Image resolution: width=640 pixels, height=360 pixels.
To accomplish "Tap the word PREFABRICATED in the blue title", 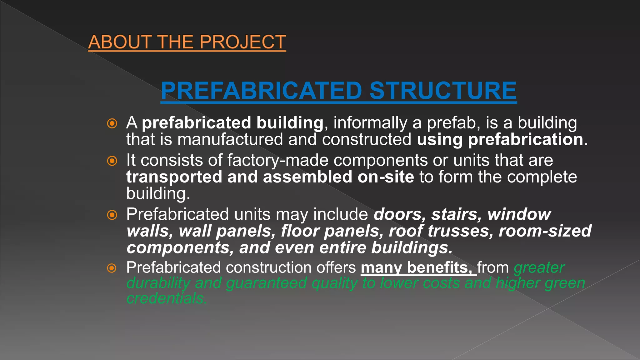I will coord(261,91).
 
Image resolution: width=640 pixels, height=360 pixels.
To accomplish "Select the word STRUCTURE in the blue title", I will coord(443,91).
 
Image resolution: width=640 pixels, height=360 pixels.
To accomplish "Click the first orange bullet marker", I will coord(112,123).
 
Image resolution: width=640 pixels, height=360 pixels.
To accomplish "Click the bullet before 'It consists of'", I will coord(112,161).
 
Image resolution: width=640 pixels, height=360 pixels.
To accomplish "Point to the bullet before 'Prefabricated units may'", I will coord(112,215).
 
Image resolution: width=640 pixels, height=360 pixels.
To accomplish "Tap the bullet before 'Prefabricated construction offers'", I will coord(112,268).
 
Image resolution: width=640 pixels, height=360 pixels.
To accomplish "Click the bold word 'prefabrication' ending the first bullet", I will coord(525,139).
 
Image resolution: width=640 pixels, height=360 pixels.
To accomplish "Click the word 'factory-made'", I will coord(278,160).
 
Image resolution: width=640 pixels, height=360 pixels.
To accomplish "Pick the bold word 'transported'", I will coord(174,177).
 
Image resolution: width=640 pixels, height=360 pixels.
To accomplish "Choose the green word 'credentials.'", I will coord(167,298).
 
